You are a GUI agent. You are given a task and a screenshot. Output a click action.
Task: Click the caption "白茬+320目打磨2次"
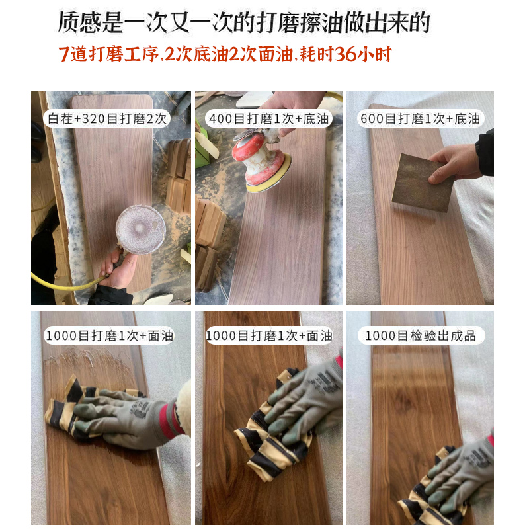point(108,120)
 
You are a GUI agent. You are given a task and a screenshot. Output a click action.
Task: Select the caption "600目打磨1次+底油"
point(420,120)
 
